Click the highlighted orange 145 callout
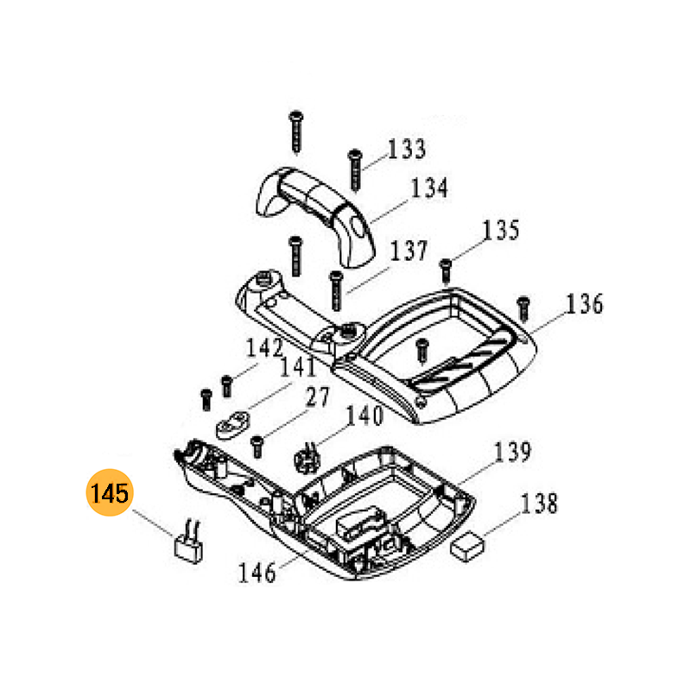(109, 495)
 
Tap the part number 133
(406, 149)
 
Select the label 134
(428, 187)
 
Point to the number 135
(501, 231)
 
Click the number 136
(585, 304)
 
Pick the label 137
(408, 251)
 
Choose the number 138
(540, 503)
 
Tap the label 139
(512, 452)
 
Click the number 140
(364, 416)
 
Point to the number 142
(264, 349)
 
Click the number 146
(257, 572)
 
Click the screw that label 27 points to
(257, 446)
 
